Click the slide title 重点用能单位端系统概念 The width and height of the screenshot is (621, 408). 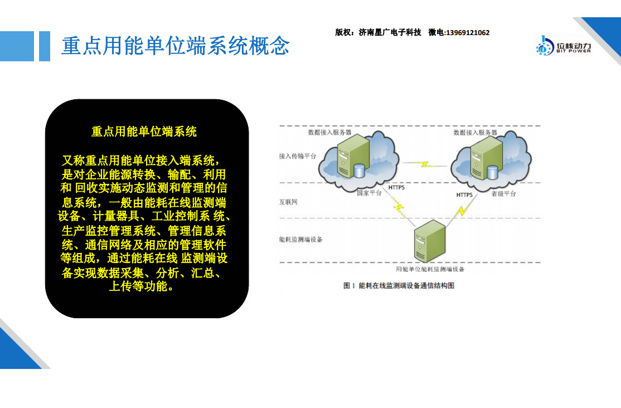pyautogui.click(x=176, y=46)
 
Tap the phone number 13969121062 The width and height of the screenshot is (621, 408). pyautogui.click(x=468, y=33)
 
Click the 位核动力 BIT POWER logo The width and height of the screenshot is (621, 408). pyautogui.click(x=563, y=46)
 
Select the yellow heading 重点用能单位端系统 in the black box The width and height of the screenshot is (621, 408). pyautogui.click(x=144, y=132)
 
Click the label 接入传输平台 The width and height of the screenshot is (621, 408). pyautogui.click(x=298, y=156)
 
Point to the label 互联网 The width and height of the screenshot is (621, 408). pyautogui.click(x=288, y=202)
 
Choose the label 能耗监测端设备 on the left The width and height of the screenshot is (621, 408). pyautogui.click(x=300, y=239)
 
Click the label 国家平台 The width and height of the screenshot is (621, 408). pyautogui.click(x=369, y=193)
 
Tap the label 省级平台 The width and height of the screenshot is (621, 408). pyautogui.click(x=504, y=194)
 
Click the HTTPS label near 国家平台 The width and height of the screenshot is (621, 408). pyautogui.click(x=396, y=187)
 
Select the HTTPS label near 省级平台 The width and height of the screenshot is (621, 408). pyautogui.click(x=464, y=195)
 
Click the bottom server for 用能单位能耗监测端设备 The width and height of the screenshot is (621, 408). pyautogui.click(x=430, y=241)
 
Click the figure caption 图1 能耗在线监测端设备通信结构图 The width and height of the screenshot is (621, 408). pyautogui.click(x=399, y=285)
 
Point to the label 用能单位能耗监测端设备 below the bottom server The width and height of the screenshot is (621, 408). pyautogui.click(x=430, y=269)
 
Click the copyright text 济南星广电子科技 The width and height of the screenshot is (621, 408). pyautogui.click(x=390, y=32)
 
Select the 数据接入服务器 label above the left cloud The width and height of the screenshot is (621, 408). pyautogui.click(x=330, y=132)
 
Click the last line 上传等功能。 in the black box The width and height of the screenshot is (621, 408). pyautogui.click(x=142, y=286)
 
